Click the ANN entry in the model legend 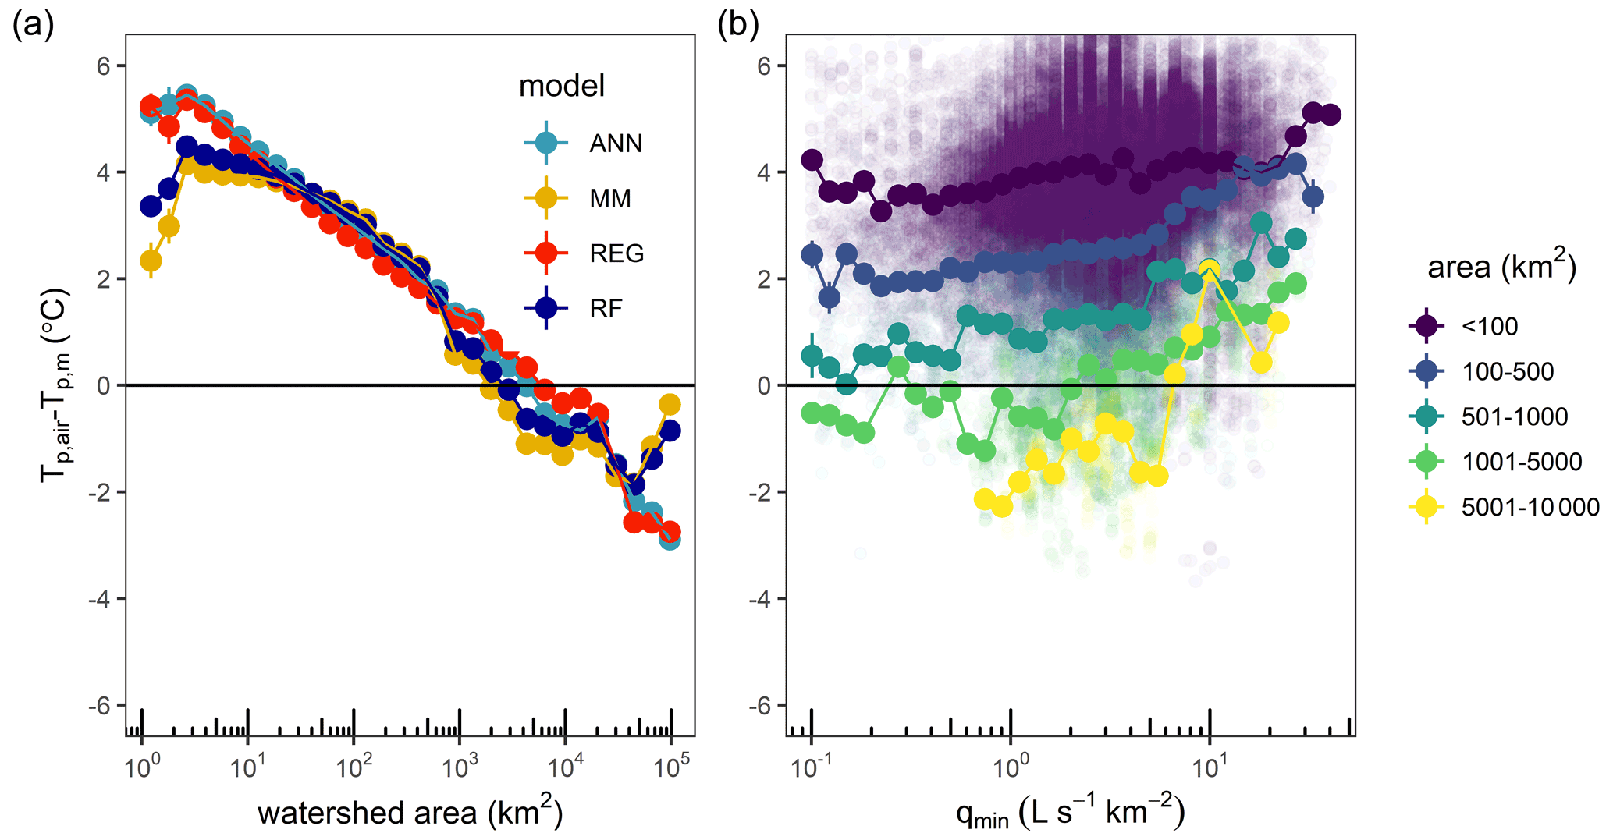pyautogui.click(x=616, y=144)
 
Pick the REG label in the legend pyautogui.click(x=616, y=253)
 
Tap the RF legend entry pyautogui.click(x=606, y=309)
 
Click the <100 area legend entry pyautogui.click(x=1490, y=326)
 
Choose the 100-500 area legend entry pyautogui.click(x=1508, y=371)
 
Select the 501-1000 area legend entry pyautogui.click(x=1514, y=416)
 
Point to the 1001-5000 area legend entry pyautogui.click(x=1521, y=462)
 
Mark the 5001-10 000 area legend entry pyautogui.click(x=1530, y=507)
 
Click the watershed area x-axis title pyautogui.click(x=410, y=812)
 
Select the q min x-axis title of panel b pyautogui.click(x=1070, y=812)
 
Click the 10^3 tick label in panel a pyautogui.click(x=460, y=767)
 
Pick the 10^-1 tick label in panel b pyautogui.click(x=812, y=767)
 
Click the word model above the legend pyautogui.click(x=562, y=86)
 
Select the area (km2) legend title pyautogui.click(x=1501, y=267)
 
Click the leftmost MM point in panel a pyautogui.click(x=151, y=261)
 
